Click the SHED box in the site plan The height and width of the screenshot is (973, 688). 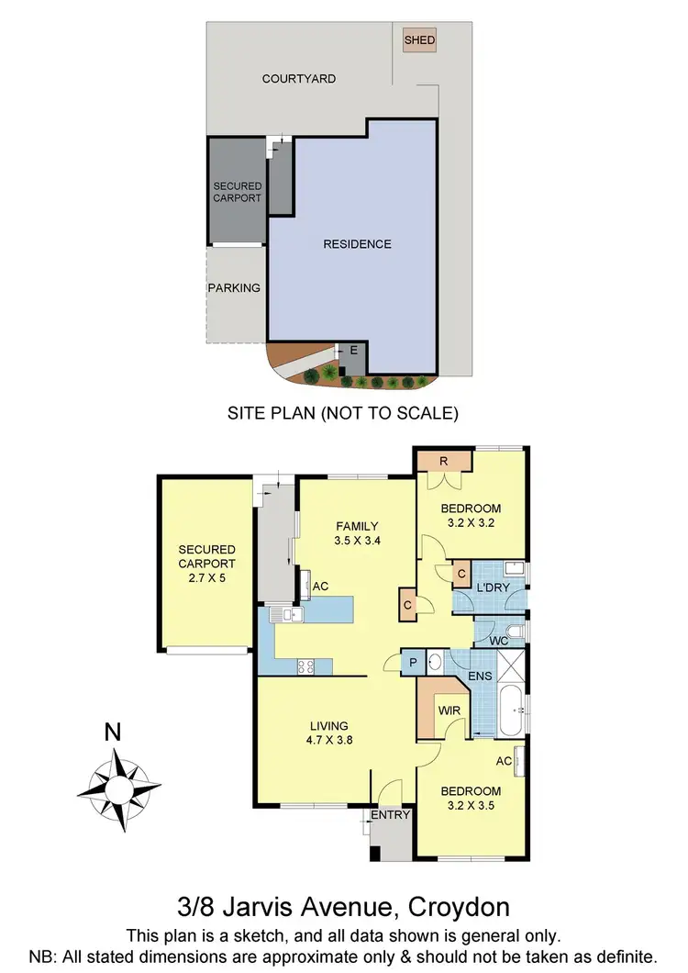pyautogui.click(x=420, y=40)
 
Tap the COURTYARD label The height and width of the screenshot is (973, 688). pyautogui.click(x=299, y=79)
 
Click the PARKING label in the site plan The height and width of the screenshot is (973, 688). pyautogui.click(x=234, y=287)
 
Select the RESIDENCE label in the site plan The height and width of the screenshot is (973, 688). pyautogui.click(x=357, y=244)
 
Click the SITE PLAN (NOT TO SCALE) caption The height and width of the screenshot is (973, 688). pyautogui.click(x=342, y=413)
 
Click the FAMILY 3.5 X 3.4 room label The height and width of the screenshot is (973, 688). pyautogui.click(x=357, y=533)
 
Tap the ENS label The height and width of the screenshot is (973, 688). pyautogui.click(x=479, y=677)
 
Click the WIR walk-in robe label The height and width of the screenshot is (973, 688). pyautogui.click(x=449, y=710)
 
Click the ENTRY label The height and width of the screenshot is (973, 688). pyautogui.click(x=387, y=815)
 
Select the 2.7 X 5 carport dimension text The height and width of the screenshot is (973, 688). pyautogui.click(x=206, y=578)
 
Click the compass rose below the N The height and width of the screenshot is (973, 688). pyautogui.click(x=118, y=787)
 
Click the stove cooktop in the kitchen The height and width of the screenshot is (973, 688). pyautogui.click(x=305, y=667)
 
